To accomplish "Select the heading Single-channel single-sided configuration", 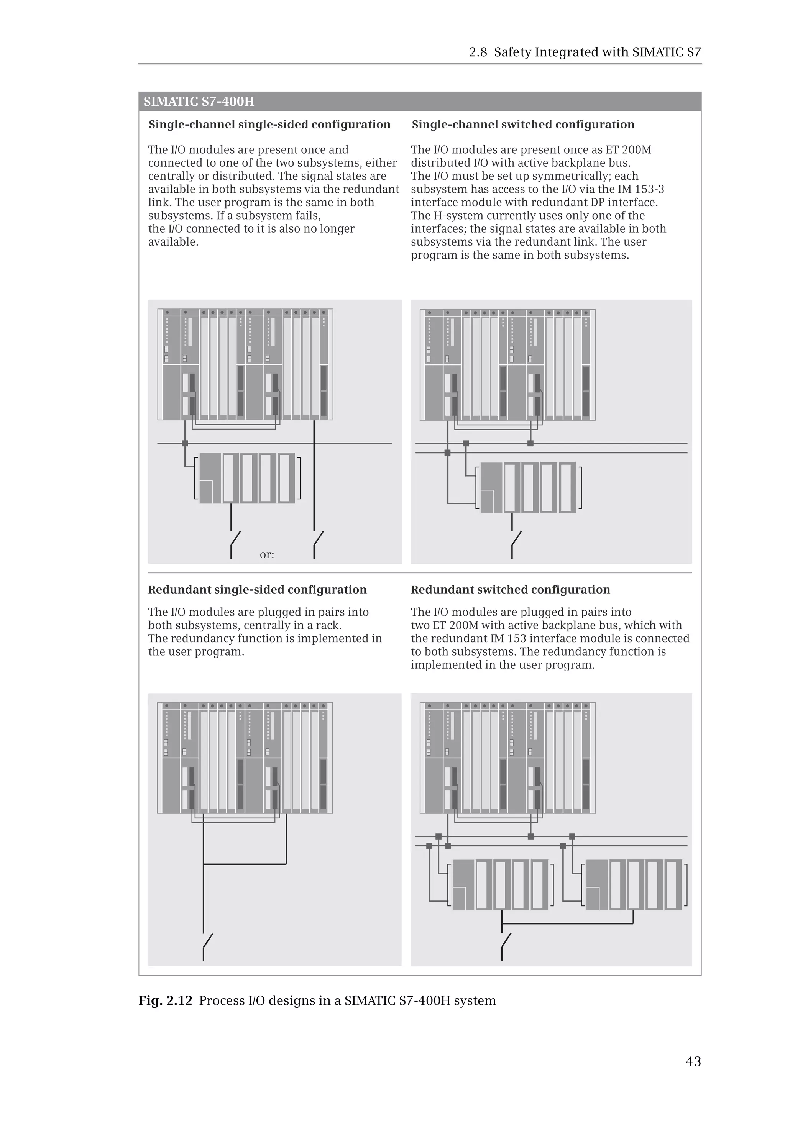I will point(269,125).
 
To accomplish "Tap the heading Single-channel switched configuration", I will point(523,125).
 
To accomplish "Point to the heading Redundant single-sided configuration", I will point(257,590).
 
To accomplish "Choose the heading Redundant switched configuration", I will point(510,590).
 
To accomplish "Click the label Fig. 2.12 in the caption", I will point(165,1000).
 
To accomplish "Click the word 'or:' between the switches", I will point(266,555).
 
